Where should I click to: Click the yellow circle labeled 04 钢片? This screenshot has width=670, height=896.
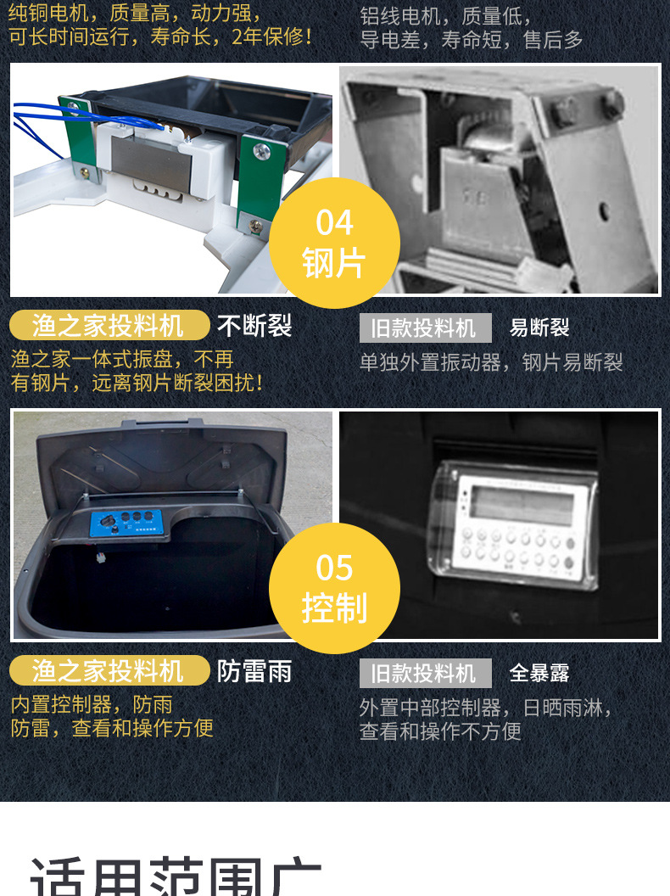[x=334, y=243]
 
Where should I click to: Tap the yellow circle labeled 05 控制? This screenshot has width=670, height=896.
[x=334, y=588]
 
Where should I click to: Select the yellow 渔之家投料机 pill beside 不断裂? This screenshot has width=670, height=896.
[x=109, y=326]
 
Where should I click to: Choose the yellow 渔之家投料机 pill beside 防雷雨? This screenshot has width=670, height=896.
[x=109, y=671]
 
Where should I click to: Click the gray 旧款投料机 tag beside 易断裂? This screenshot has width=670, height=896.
[x=425, y=328]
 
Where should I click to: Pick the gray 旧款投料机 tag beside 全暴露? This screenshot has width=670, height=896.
[x=425, y=674]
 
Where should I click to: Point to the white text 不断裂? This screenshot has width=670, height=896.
[x=254, y=326]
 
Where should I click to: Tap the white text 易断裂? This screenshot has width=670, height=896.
[x=539, y=328]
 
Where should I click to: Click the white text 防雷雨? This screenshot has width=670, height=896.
[x=254, y=671]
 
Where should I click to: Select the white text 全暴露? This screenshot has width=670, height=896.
[x=539, y=674]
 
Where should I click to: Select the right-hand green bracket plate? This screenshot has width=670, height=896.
[x=260, y=187]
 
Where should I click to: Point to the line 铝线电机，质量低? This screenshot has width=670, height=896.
[x=445, y=16]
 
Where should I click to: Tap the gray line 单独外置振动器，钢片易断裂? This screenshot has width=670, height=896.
[x=491, y=363]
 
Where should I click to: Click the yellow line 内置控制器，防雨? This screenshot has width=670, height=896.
[x=92, y=704]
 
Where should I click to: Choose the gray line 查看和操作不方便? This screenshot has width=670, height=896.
[x=440, y=731]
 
